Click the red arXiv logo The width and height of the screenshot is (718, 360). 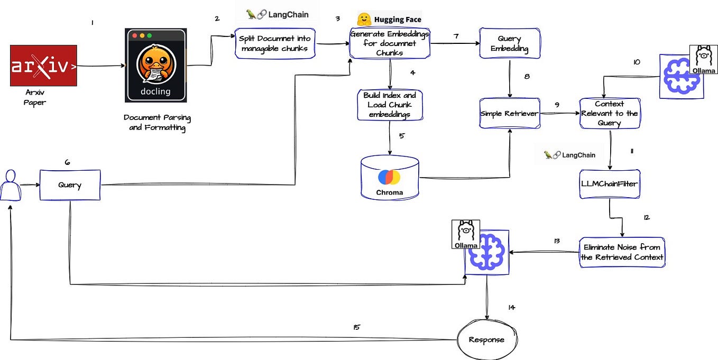(x=43, y=66)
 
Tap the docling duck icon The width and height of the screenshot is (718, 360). (x=156, y=65)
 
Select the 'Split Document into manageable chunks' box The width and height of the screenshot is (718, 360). (x=274, y=43)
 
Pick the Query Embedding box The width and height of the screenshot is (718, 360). (x=509, y=43)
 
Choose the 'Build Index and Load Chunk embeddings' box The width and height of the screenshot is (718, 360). (x=390, y=105)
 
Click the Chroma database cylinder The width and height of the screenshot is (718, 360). (x=389, y=178)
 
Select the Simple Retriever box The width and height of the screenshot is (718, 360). (x=510, y=113)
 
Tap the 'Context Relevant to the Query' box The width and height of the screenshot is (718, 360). (x=609, y=113)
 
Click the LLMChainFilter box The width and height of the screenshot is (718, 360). (x=610, y=184)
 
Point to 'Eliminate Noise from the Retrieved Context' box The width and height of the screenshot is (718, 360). (x=621, y=252)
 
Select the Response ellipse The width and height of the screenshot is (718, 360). (x=486, y=340)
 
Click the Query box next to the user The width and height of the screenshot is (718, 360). (x=70, y=185)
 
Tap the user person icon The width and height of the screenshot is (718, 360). (x=9, y=185)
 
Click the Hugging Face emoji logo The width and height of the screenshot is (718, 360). (x=363, y=20)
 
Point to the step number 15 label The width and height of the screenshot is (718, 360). (x=357, y=327)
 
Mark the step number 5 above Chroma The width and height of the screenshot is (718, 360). (x=401, y=135)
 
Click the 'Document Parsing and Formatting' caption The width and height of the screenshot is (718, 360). (x=157, y=123)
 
